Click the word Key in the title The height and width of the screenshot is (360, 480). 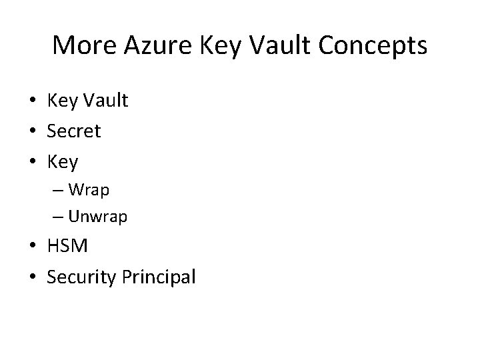pos(217,45)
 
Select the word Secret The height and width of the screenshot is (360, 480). pos(73,131)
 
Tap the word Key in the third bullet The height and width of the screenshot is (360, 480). pos(63,162)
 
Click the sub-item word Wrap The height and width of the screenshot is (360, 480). pos(89,190)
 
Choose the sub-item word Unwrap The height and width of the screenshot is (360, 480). pos(97,217)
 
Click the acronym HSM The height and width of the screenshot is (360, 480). pos(67,246)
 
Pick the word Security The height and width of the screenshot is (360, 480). pos(83,277)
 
